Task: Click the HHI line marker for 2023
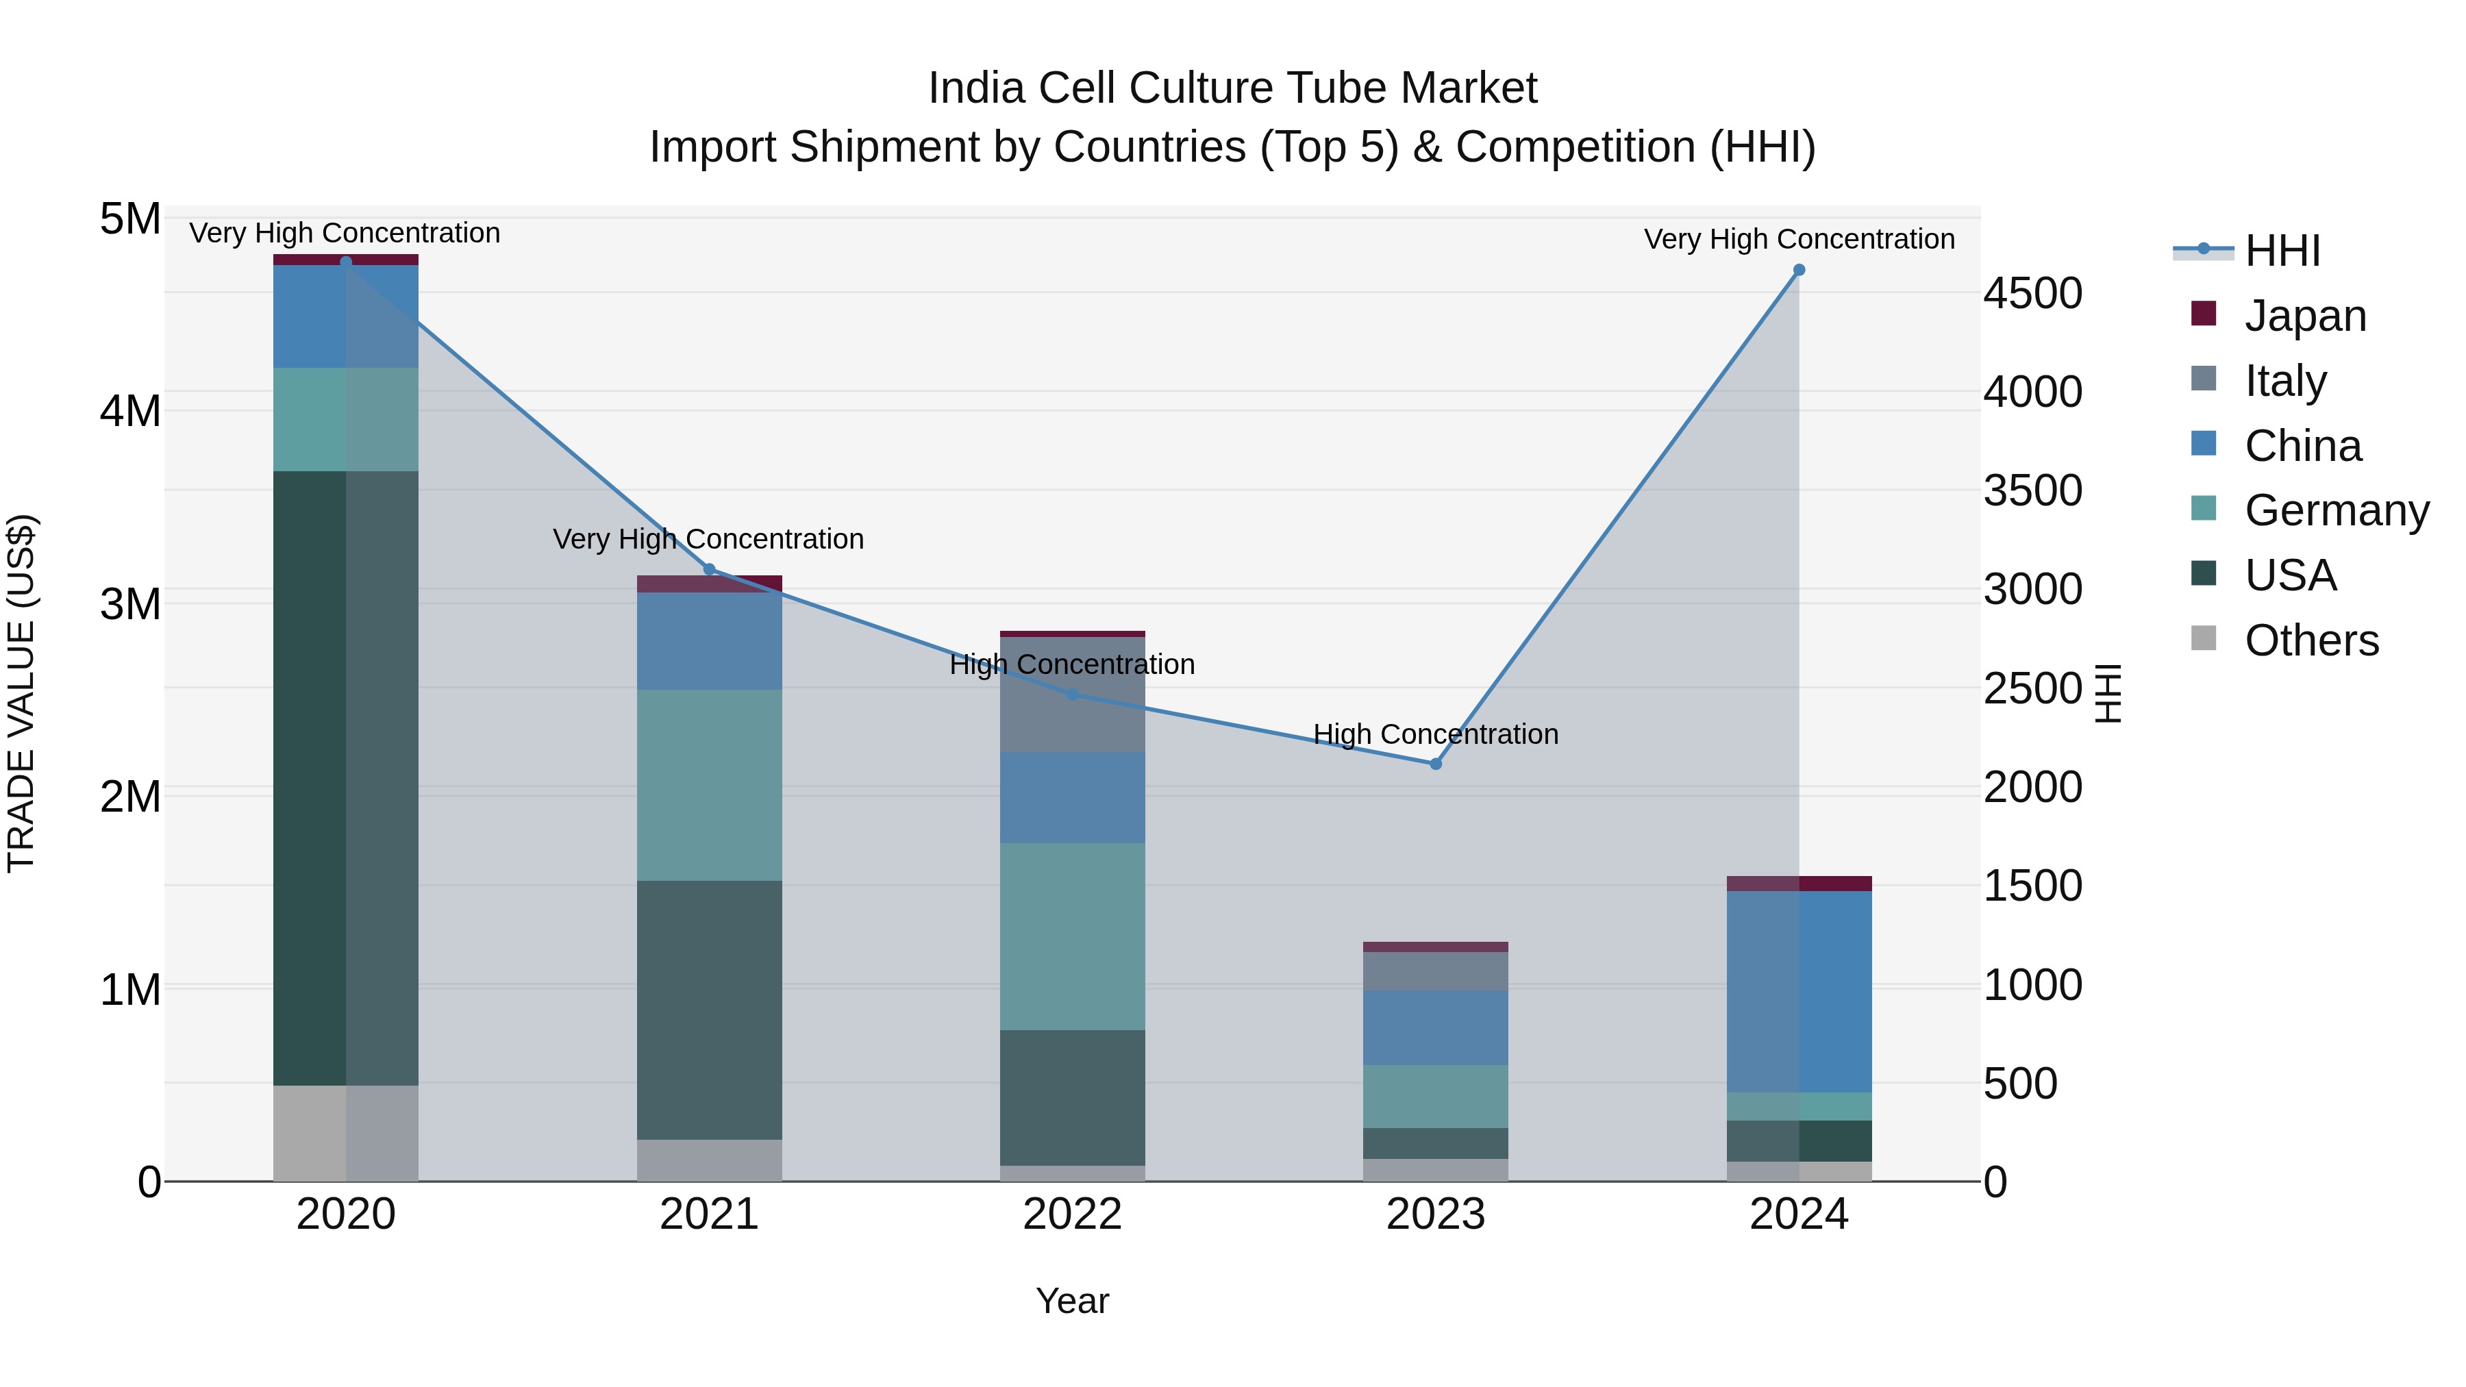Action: coord(1435,764)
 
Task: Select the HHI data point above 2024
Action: coord(1799,271)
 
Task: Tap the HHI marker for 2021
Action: coord(710,570)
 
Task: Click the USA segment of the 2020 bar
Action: coord(346,777)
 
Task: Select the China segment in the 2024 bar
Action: coord(1799,992)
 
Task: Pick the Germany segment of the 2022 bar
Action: coord(1072,936)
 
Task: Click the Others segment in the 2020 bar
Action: coord(346,1134)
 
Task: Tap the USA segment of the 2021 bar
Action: coord(710,1010)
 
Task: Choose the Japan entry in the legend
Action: coord(2304,316)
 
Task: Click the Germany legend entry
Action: coord(2336,510)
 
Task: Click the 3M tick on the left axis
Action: coord(130,604)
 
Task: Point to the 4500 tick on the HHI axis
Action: coord(2032,293)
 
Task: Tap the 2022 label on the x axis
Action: coord(1072,1214)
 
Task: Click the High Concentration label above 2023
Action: coord(1435,734)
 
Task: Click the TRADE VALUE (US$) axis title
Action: coord(21,693)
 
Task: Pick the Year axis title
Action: coord(1072,1301)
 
